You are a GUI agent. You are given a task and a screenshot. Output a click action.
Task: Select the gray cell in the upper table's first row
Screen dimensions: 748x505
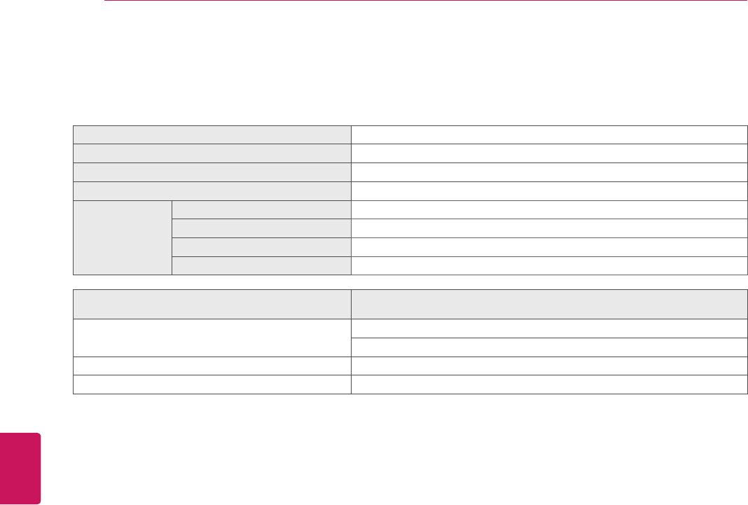pyautogui.click(x=212, y=134)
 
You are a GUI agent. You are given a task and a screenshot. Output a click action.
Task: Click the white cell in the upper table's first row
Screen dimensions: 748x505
pyautogui.click(x=548, y=134)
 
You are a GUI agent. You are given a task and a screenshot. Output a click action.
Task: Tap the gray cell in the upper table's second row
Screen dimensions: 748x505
pyautogui.click(x=212, y=153)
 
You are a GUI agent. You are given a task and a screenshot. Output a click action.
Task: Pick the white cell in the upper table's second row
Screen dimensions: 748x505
pyautogui.click(x=548, y=153)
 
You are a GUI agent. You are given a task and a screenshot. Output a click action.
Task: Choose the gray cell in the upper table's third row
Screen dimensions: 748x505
pyautogui.click(x=212, y=172)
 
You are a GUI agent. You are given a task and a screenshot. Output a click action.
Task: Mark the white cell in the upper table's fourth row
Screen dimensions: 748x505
pyautogui.click(x=548, y=191)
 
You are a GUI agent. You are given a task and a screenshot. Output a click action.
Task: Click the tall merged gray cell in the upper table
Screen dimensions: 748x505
pyautogui.click(x=123, y=237)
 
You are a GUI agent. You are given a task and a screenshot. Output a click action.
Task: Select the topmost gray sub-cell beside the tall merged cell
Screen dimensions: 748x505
pyautogui.click(x=261, y=209)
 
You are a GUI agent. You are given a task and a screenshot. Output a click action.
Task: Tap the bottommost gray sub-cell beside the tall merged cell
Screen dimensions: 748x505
pyautogui.click(x=261, y=265)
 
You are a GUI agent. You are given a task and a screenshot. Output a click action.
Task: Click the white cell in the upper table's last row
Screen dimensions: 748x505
pyautogui.click(x=548, y=265)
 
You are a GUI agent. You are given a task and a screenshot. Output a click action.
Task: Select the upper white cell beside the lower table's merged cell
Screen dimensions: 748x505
pyautogui.click(x=548, y=328)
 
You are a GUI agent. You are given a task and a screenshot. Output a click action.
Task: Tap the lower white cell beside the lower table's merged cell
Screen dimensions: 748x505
pyautogui.click(x=548, y=347)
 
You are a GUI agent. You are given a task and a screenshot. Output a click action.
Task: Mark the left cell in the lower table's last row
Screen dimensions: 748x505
pyautogui.click(x=212, y=385)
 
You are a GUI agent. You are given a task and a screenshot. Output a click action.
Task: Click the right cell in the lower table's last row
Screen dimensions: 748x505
pyautogui.click(x=548, y=385)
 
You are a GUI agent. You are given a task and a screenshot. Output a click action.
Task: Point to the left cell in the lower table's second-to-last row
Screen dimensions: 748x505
pyautogui.click(x=212, y=366)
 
